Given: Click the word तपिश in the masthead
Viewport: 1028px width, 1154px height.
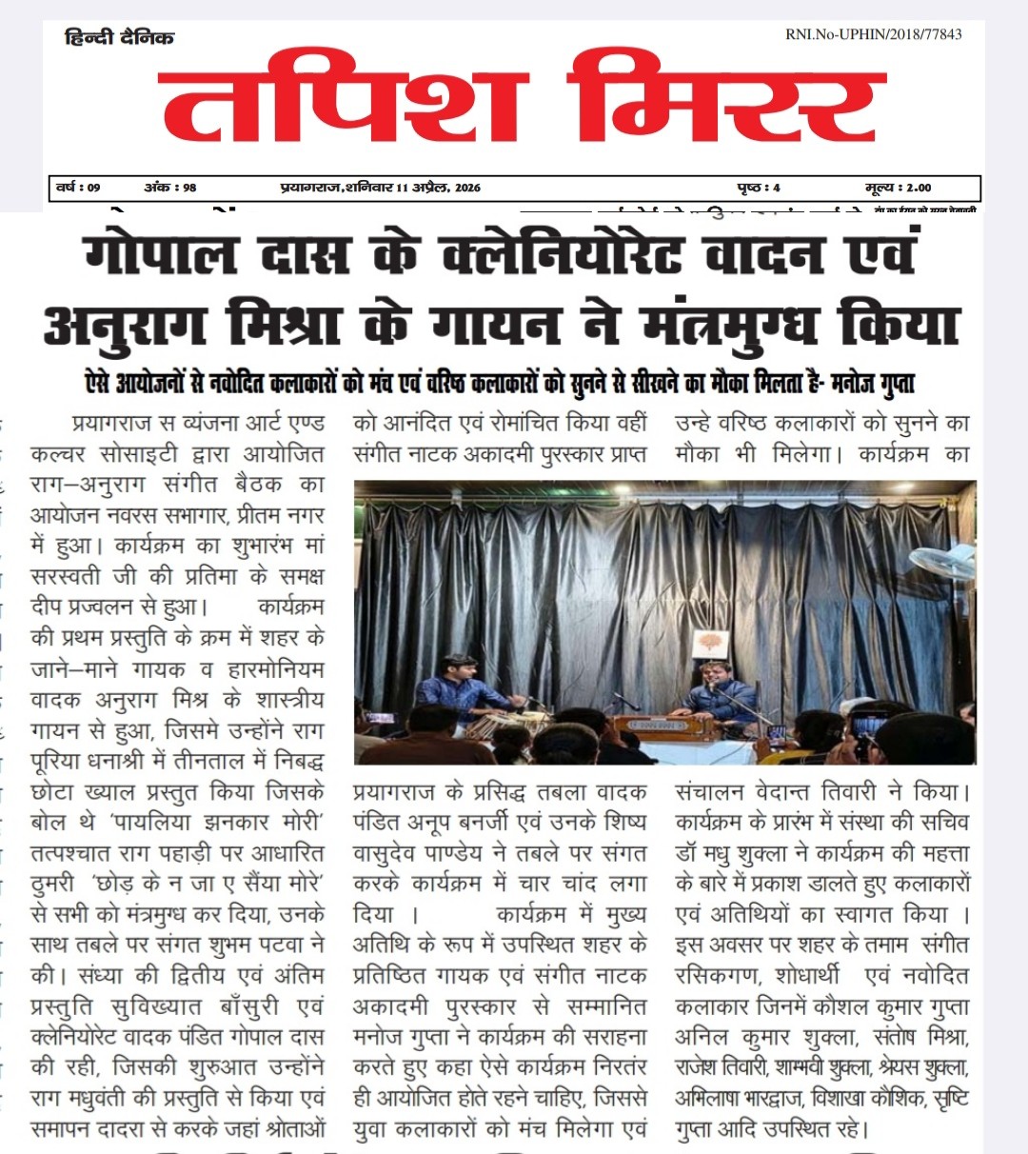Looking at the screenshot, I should [343, 97].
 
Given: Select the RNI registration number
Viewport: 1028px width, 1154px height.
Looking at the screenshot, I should [873, 34].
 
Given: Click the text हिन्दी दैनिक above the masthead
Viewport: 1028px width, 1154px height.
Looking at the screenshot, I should [119, 37].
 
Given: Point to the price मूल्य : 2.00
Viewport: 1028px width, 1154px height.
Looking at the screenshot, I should [898, 188].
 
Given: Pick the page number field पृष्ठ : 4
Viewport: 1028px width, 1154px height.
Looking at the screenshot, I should [759, 188].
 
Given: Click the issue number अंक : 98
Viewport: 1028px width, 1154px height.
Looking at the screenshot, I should [170, 188].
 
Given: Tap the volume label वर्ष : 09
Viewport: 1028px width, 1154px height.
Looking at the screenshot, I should [78, 188].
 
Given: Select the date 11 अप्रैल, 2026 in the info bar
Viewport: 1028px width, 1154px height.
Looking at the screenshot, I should [439, 188].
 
